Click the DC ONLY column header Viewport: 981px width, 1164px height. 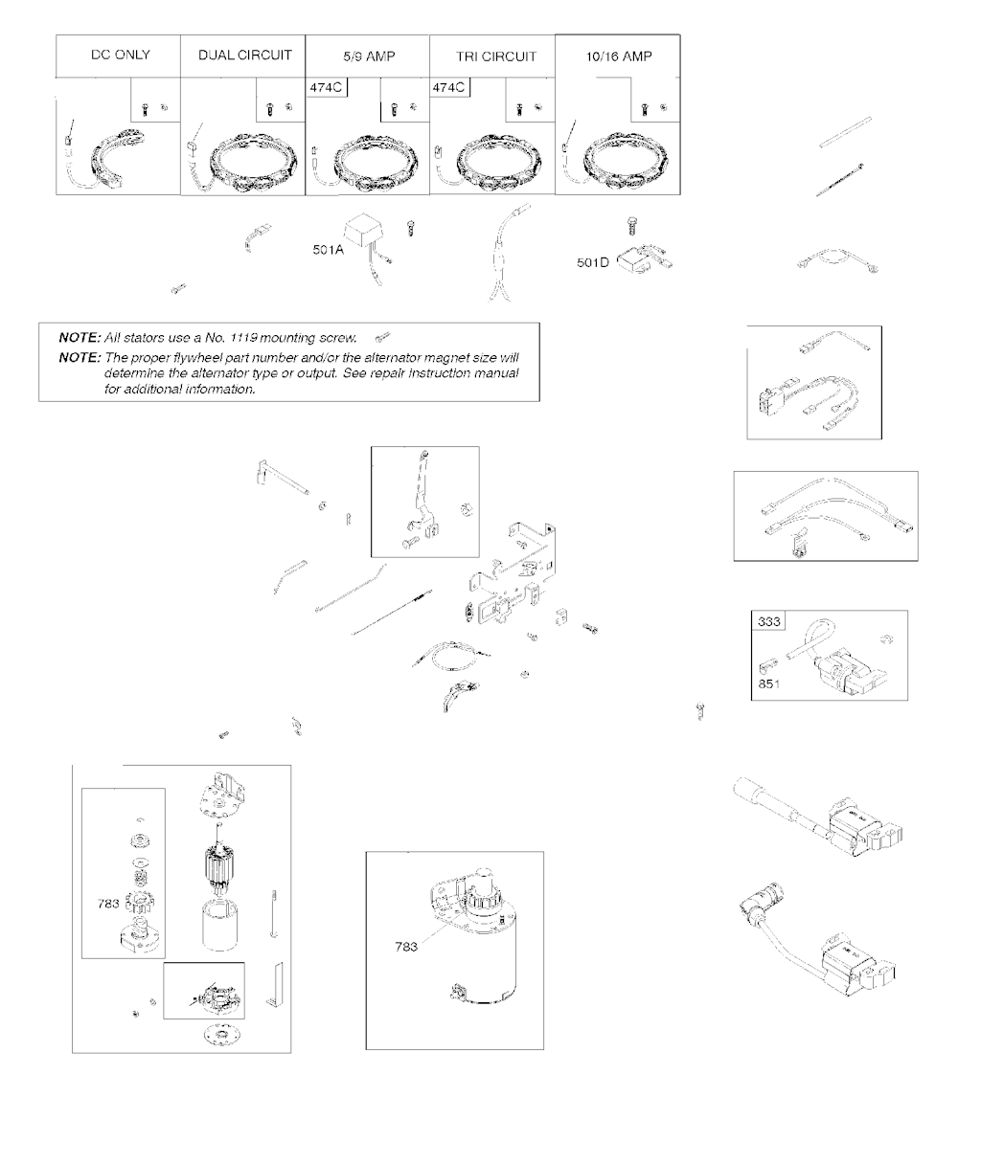[120, 55]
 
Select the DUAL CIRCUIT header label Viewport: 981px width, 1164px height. [245, 56]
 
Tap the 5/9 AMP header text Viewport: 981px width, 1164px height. [369, 56]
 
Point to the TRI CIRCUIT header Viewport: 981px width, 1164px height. [496, 56]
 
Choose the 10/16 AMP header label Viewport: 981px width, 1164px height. [618, 56]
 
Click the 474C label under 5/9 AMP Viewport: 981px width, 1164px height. [326, 87]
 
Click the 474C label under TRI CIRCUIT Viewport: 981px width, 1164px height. [448, 87]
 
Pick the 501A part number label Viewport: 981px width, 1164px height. [328, 250]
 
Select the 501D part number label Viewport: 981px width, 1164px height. [593, 262]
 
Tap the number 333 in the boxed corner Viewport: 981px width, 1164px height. [769, 621]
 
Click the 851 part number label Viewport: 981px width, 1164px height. [769, 684]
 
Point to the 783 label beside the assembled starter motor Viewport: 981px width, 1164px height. [406, 947]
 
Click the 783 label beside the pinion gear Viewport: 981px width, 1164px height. [108, 904]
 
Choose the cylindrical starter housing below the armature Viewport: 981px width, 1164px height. [220, 927]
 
